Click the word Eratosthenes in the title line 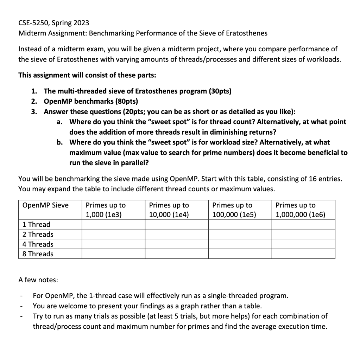pyautogui.click(x=246, y=33)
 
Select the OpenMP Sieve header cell pyautogui.click(x=45, y=205)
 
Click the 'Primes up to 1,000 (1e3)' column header pyautogui.click(x=106, y=210)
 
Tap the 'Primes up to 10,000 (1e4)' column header pyautogui.click(x=169, y=210)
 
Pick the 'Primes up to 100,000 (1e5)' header pyautogui.click(x=234, y=210)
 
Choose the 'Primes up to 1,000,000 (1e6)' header pyautogui.click(x=301, y=210)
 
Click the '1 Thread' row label pyautogui.click(x=36, y=224)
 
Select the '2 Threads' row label pyautogui.click(x=38, y=234)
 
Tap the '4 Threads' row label pyautogui.click(x=38, y=244)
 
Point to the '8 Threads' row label pyautogui.click(x=38, y=254)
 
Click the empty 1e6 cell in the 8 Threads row pyautogui.click(x=303, y=254)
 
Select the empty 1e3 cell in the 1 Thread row pyautogui.click(x=113, y=224)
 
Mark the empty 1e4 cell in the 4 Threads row pyautogui.click(x=177, y=244)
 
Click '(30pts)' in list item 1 pyautogui.click(x=220, y=91)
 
